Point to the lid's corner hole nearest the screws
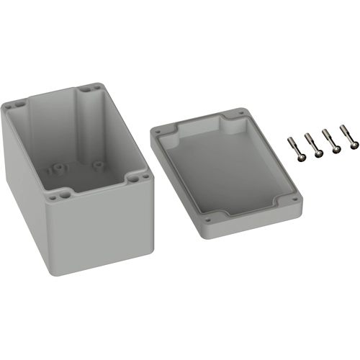click(236, 114)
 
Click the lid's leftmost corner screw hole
click(157, 132)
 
